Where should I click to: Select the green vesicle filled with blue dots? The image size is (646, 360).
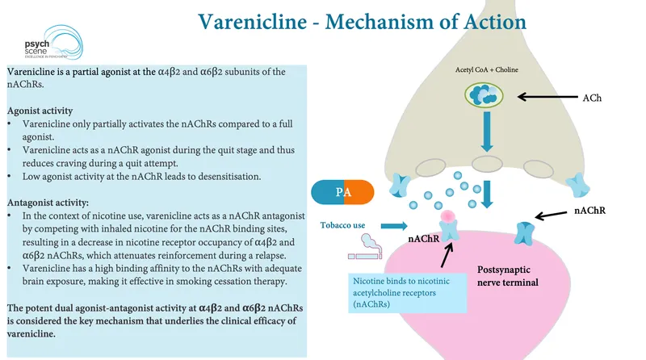click(x=484, y=97)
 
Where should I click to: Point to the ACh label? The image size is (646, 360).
click(x=592, y=98)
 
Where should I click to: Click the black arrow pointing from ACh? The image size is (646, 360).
click(x=545, y=98)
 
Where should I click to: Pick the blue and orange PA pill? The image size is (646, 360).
click(x=343, y=192)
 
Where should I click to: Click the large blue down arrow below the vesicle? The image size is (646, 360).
click(x=485, y=133)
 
